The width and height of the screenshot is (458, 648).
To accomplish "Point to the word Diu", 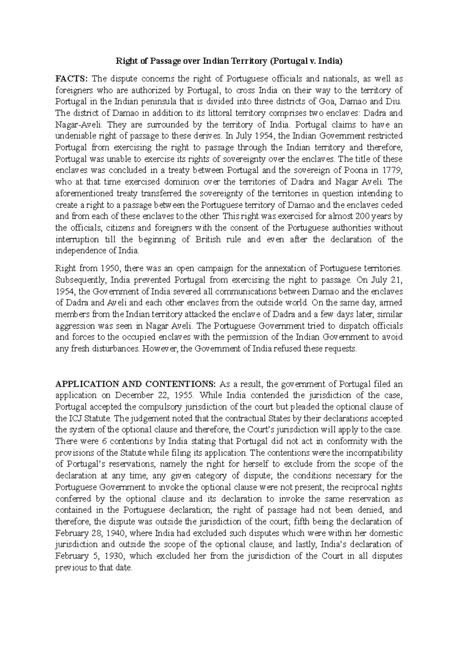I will (x=395, y=102).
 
